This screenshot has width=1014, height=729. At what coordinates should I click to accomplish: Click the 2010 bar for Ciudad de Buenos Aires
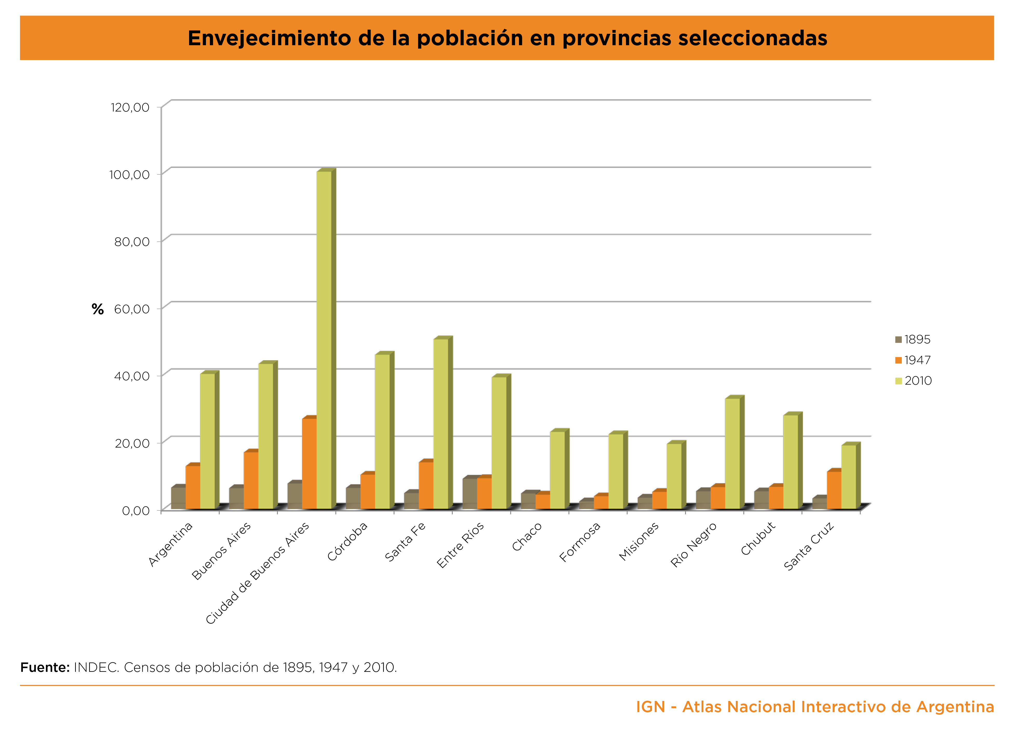[x=324, y=340]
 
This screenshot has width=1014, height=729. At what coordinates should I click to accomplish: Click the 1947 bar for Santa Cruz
[x=834, y=490]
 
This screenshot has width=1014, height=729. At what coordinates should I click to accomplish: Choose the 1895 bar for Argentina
[x=178, y=498]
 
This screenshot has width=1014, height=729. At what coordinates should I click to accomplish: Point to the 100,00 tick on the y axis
[x=129, y=174]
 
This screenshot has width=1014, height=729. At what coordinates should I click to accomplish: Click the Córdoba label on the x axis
[x=347, y=541]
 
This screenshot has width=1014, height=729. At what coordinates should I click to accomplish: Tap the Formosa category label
[x=580, y=542]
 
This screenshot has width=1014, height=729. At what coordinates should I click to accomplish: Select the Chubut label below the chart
[x=758, y=539]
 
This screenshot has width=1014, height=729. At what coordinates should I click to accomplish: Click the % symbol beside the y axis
[x=97, y=309]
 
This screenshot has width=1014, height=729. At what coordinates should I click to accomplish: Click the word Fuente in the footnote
[x=45, y=667]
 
